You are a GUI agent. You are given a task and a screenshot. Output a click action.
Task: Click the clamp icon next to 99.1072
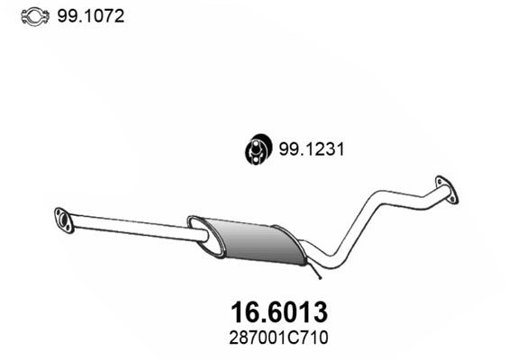[x=33, y=16]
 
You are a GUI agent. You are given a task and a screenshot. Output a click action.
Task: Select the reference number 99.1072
[x=91, y=16]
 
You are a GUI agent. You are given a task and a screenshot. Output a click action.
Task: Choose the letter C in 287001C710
[x=285, y=339]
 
